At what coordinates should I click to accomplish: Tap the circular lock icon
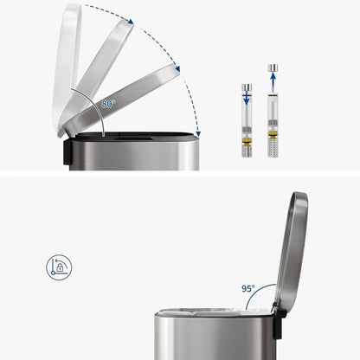[x=59, y=267]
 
